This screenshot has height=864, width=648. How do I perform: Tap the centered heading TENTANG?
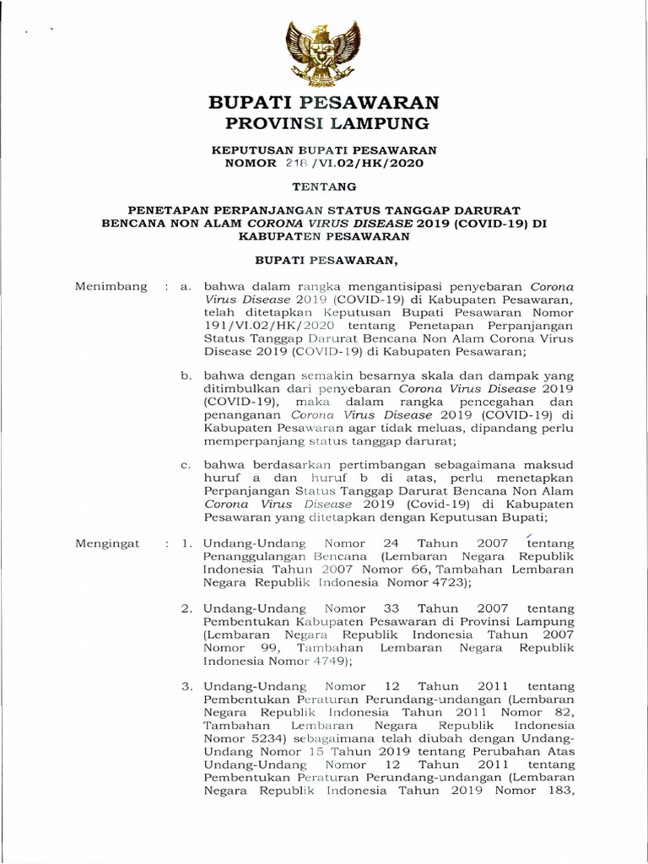click(323, 186)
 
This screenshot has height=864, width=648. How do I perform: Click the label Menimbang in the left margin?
click(111, 287)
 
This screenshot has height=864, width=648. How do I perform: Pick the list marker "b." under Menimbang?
click(187, 376)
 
